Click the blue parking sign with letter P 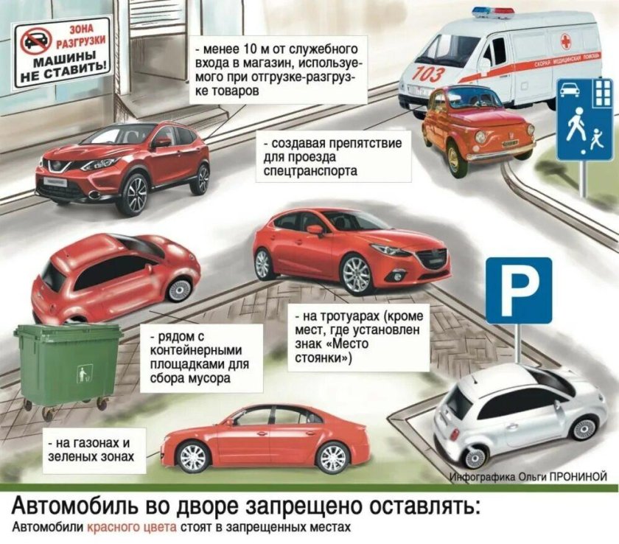click(519, 290)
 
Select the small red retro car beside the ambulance click(477, 129)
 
